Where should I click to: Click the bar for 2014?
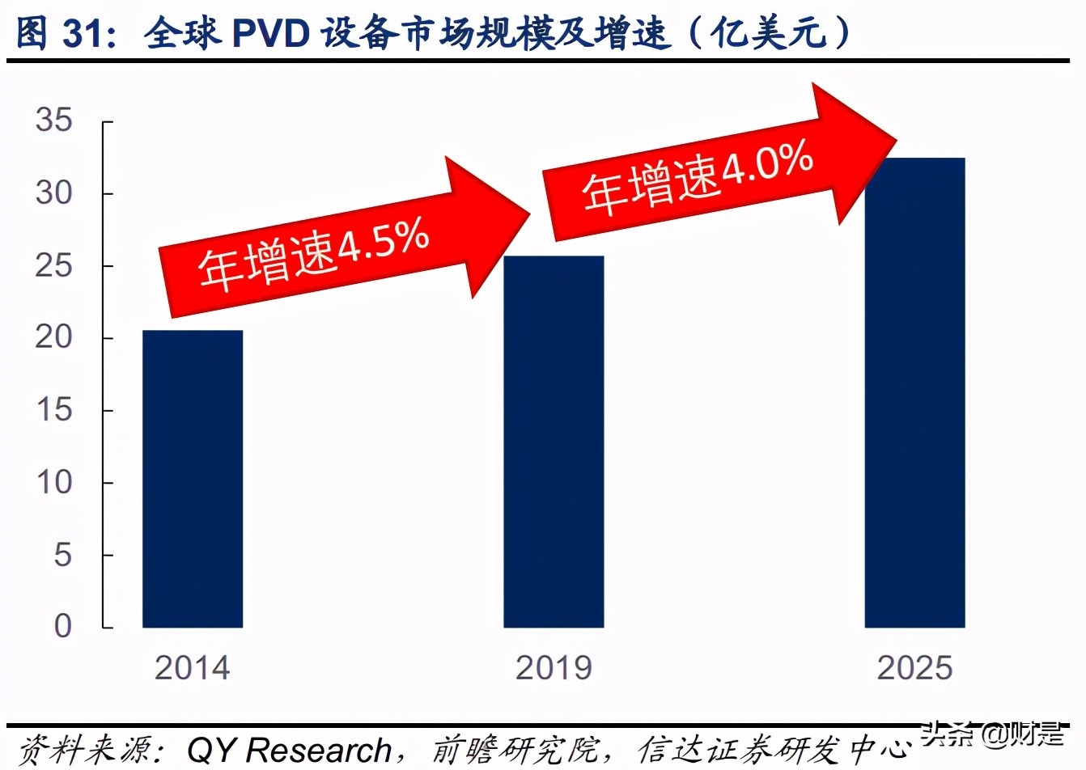[x=193, y=478]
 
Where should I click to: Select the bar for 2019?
[x=554, y=442]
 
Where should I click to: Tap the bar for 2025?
[x=914, y=392]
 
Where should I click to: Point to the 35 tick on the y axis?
[x=53, y=121]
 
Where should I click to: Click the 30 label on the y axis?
[x=53, y=192]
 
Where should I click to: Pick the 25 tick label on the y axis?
[x=53, y=265]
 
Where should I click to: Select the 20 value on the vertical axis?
[x=53, y=337]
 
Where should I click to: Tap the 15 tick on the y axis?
[x=53, y=410]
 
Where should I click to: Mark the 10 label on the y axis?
[x=53, y=482]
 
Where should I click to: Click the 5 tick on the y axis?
[x=62, y=555]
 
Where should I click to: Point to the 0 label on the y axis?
[x=62, y=626]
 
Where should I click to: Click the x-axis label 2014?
[x=193, y=668]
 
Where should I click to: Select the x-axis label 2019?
[x=554, y=668]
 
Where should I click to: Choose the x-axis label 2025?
[x=914, y=668]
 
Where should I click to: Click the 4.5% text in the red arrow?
[x=383, y=243]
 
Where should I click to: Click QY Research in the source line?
[x=289, y=750]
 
